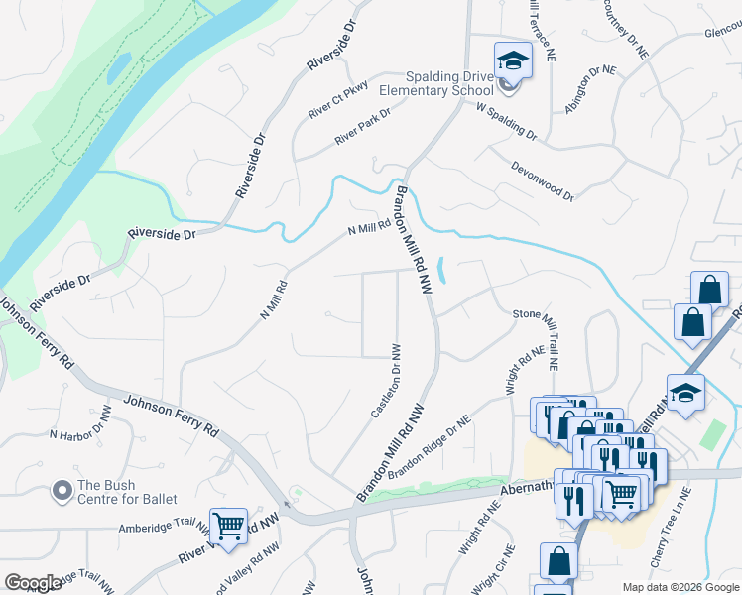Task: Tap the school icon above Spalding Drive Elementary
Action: point(513,60)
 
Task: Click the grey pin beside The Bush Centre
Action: point(62,491)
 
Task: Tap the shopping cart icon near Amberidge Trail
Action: point(229,525)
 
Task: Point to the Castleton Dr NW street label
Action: point(385,381)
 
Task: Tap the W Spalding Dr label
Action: point(506,121)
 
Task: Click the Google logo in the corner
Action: point(33,582)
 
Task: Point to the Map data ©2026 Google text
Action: point(680,587)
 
